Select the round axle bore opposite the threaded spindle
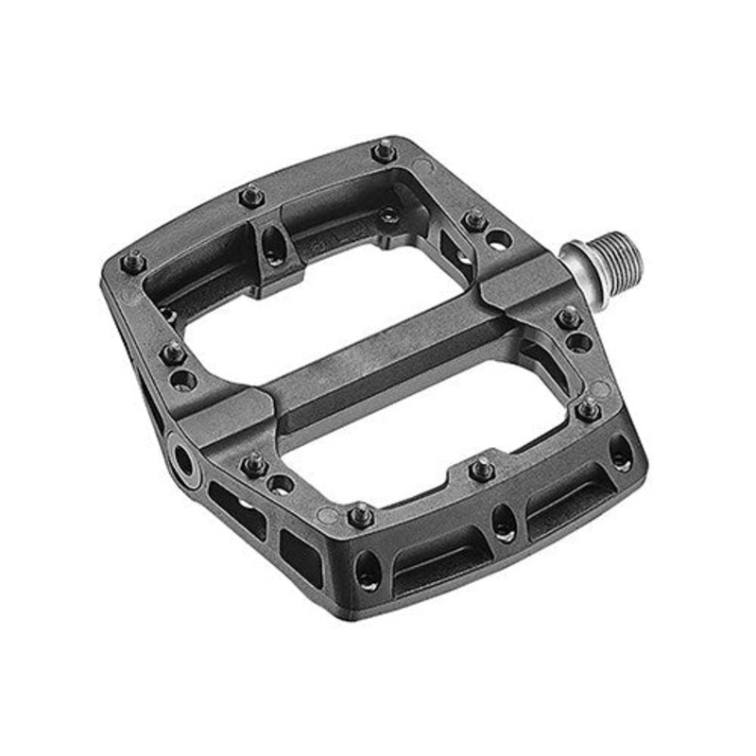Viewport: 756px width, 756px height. tap(181, 459)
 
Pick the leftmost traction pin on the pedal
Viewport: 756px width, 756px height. tap(135, 259)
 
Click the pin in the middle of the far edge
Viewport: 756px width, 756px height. tap(250, 197)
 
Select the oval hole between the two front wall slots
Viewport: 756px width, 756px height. tap(504, 523)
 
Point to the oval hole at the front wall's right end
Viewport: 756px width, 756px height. tap(621, 453)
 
